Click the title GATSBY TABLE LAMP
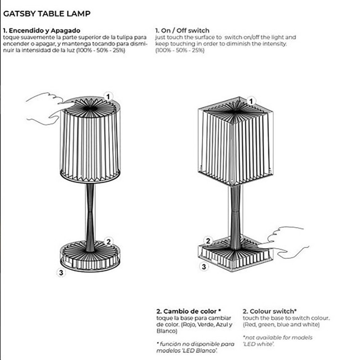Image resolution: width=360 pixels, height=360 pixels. pos(47,13)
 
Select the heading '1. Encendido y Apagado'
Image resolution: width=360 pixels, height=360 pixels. pos(42,31)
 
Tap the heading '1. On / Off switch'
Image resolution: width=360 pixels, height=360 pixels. pos(182,31)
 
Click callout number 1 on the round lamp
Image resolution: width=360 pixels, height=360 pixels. pos(108,96)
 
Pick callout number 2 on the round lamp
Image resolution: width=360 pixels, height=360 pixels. pos(108,242)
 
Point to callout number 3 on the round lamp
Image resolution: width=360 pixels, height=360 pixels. pos(61,273)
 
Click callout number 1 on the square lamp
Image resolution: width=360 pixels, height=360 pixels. pos(251,101)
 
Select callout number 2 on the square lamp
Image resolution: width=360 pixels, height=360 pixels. pos(208,241)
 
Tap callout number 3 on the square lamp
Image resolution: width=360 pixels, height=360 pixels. pos(204,266)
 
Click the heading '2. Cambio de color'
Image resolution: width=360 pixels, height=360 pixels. pos(188,311)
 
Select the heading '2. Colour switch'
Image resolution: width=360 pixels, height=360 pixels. pos(270,311)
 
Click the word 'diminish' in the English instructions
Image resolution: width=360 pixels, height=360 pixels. pos(238,44)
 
